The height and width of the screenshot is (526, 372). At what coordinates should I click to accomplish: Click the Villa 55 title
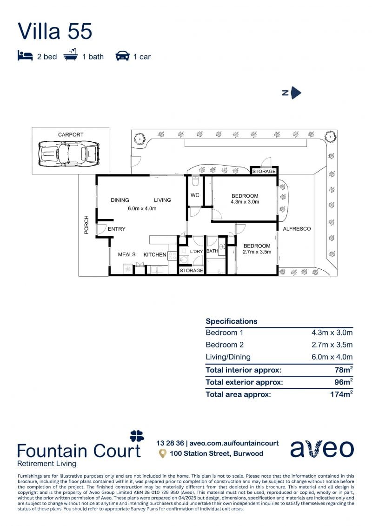[55, 31]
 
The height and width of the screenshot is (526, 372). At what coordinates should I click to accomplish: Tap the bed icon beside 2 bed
[25, 56]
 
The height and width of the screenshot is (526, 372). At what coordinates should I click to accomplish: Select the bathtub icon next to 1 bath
[70, 55]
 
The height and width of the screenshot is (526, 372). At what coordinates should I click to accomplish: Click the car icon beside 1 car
[122, 56]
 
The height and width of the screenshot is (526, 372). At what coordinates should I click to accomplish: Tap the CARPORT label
[70, 134]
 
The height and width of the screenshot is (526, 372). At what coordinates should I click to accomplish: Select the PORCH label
[86, 225]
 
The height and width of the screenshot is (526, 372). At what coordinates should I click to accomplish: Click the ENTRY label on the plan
[116, 229]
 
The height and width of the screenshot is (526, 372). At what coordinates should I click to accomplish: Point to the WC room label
[195, 195]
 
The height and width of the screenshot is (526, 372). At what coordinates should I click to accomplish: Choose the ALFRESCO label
[297, 229]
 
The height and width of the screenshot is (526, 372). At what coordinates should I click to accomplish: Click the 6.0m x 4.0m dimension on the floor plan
[142, 208]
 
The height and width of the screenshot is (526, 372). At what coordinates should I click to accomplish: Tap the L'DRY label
[197, 251]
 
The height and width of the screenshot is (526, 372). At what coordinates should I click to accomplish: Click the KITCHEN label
[155, 254]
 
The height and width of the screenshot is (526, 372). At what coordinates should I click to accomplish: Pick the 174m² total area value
[341, 394]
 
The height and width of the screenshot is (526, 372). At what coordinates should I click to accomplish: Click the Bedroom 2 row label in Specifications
[225, 345]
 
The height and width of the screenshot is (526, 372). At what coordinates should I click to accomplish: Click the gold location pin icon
[163, 453]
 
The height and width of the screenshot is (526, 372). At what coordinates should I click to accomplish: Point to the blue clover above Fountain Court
[137, 436]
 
